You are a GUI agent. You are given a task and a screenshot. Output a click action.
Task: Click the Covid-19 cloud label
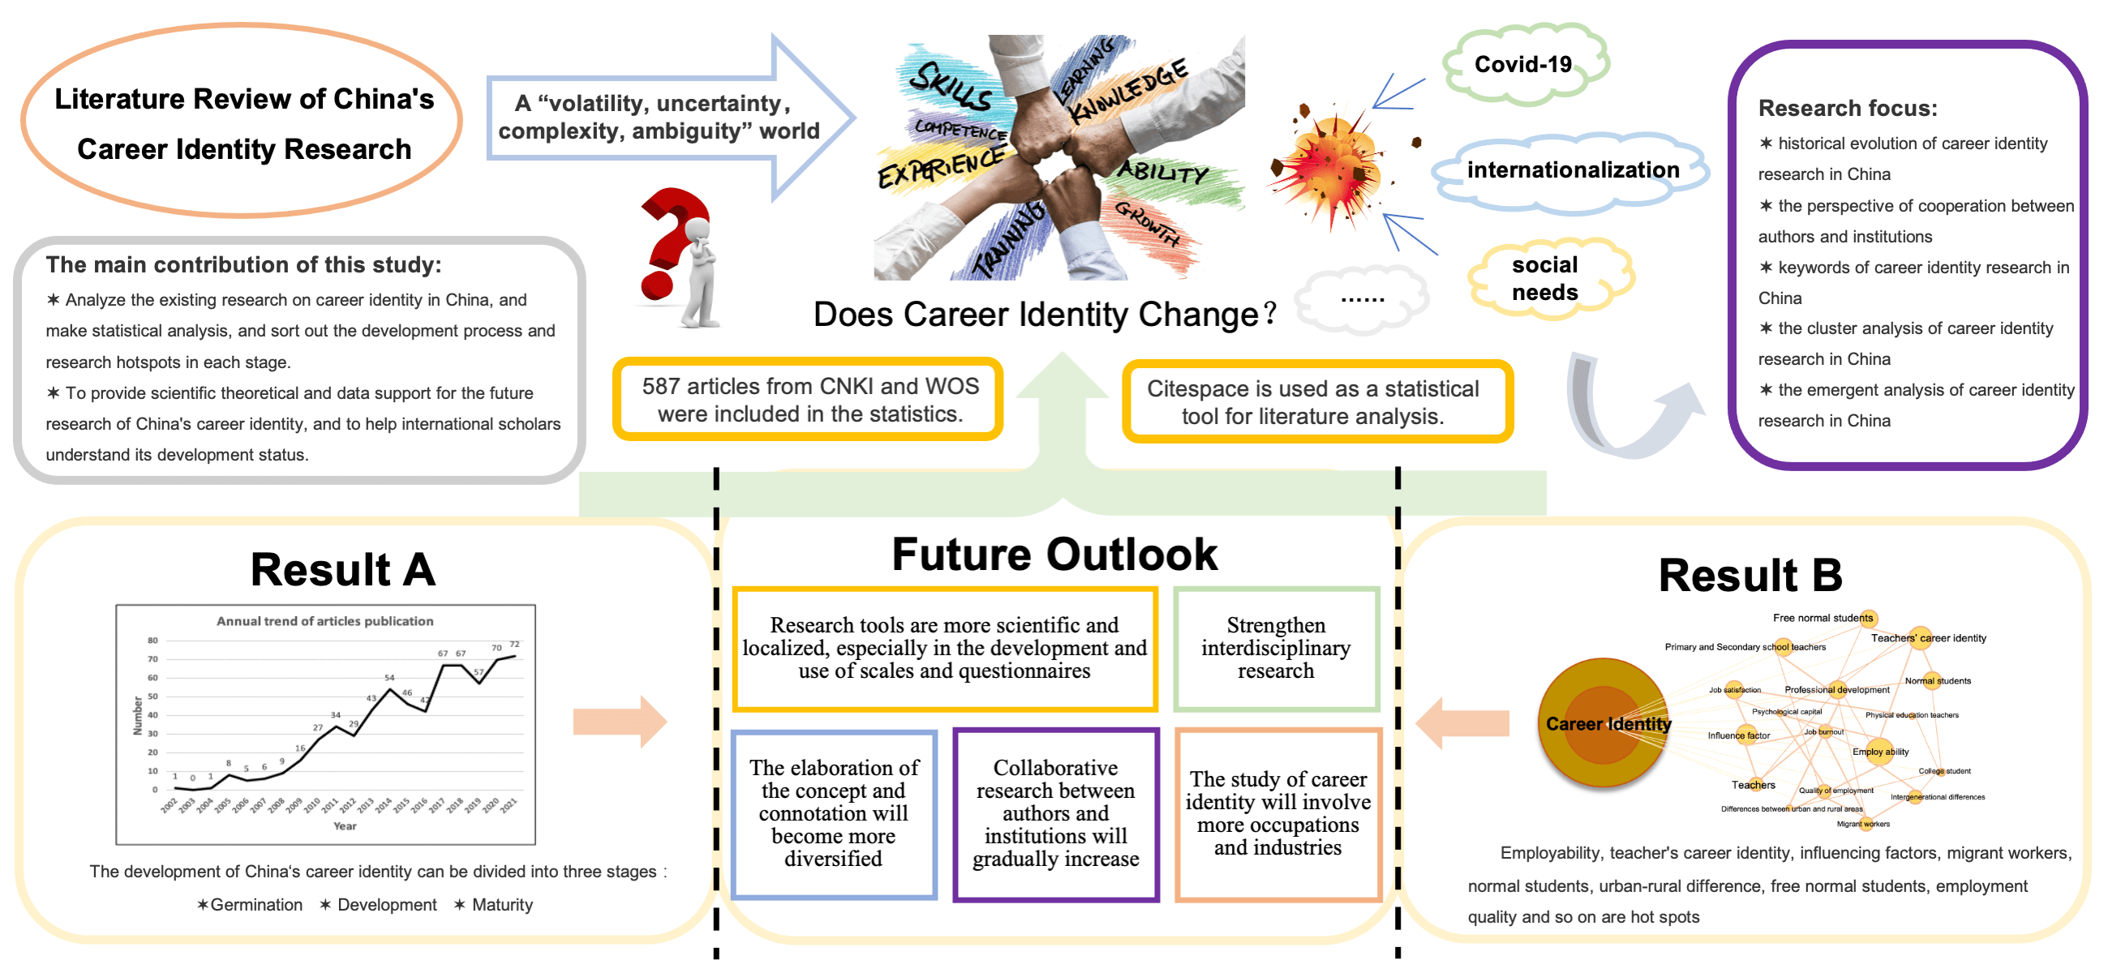[1523, 64]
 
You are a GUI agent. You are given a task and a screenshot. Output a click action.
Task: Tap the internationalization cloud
[1572, 169]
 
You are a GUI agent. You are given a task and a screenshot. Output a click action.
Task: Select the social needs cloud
[1544, 278]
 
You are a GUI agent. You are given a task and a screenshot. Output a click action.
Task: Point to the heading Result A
[343, 569]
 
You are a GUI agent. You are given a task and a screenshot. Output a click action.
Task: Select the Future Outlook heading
[1054, 554]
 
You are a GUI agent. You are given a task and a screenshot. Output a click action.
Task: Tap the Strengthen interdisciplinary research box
[1275, 648]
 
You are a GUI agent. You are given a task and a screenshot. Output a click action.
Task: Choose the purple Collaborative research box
[1055, 813]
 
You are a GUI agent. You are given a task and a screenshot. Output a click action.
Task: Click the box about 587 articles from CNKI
[809, 400]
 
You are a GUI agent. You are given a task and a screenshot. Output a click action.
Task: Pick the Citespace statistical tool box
[1312, 402]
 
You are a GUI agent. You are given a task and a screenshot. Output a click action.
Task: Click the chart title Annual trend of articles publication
[325, 621]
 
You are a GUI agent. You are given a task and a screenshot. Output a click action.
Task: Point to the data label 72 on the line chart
[514, 644]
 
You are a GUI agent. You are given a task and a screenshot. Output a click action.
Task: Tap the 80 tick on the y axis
[152, 641]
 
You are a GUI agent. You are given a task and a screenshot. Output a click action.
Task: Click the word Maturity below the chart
[501, 904]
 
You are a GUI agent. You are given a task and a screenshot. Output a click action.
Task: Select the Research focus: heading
[1847, 108]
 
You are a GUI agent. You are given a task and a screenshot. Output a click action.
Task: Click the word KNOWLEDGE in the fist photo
[1128, 90]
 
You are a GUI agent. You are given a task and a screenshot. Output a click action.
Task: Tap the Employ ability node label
[1880, 751]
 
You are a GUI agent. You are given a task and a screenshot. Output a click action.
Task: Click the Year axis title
[345, 825]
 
